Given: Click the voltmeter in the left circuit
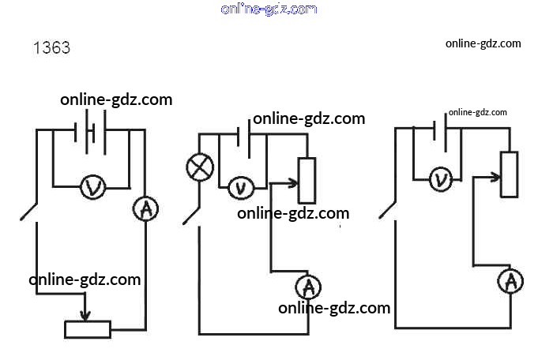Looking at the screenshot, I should [93, 187].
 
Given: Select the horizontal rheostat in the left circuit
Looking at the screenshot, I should [88, 329].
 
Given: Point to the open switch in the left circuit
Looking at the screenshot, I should [29, 212].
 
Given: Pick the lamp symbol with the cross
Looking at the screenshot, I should [197, 167].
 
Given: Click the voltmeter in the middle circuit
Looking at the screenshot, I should [240, 188].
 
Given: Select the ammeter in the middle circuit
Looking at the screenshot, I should [310, 285].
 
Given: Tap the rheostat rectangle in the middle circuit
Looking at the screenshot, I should [307, 181].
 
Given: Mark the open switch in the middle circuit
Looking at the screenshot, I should [191, 213].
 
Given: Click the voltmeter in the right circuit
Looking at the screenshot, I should [441, 180].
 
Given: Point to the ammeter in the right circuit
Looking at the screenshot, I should [511, 280].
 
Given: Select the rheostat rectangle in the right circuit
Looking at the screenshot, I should [510, 174].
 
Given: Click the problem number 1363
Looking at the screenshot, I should [51, 48].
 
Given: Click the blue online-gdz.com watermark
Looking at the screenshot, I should [269, 9].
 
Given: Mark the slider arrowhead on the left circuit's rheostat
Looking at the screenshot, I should [86, 317].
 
